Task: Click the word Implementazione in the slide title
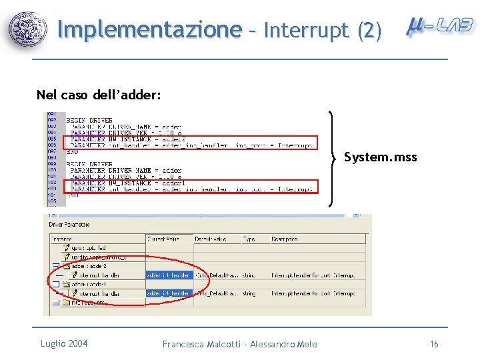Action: pos(149,30)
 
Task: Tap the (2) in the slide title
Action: pos(369,30)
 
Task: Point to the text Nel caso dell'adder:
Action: pos(99,95)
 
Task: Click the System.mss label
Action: pos(380,157)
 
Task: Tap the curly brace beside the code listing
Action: pos(333,153)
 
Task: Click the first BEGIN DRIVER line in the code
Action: pos(89,120)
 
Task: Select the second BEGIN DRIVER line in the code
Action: pos(89,163)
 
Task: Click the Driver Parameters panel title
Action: pos(69,225)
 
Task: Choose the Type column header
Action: pos(249,239)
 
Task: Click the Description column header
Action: pos(285,239)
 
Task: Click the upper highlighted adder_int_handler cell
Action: pos(168,275)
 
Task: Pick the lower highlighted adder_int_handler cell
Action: pos(168,293)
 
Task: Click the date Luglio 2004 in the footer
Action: pos(64,343)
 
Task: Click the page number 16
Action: pos(434,344)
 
